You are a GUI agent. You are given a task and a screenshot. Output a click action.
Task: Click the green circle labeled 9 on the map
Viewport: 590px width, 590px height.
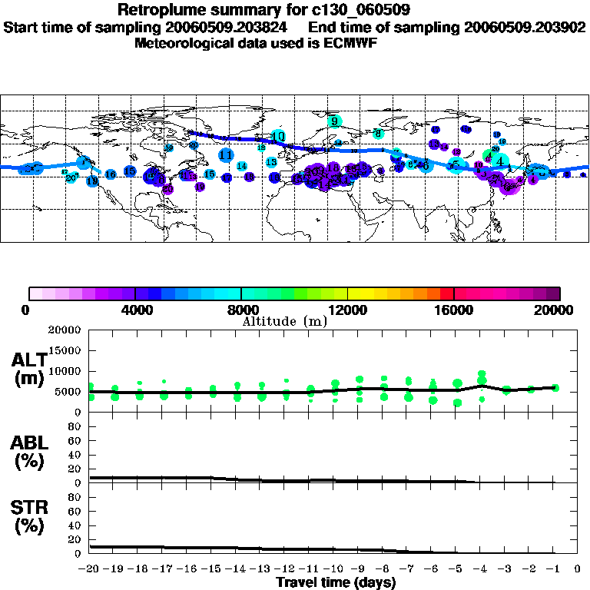pos(334,121)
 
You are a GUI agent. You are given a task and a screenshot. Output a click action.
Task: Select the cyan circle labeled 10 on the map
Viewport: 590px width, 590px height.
pos(278,136)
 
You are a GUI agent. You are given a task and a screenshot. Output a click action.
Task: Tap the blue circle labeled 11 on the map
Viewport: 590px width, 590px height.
pos(226,155)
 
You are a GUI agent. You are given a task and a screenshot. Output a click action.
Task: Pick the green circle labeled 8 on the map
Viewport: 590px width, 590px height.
pos(378,134)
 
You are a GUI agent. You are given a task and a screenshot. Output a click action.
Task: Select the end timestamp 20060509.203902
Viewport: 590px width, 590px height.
pos(525,27)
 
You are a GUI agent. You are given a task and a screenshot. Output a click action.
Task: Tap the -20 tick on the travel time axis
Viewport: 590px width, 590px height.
pos(90,569)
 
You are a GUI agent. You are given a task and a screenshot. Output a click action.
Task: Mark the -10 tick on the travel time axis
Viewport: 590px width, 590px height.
pos(333,569)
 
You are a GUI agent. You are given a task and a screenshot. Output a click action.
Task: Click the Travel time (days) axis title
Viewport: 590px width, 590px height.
pos(336,582)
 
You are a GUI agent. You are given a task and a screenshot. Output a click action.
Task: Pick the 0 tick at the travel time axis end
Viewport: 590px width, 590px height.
pos(577,569)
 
